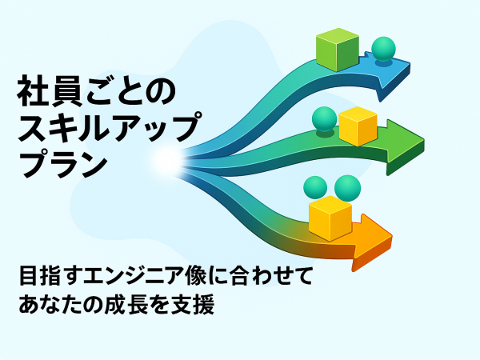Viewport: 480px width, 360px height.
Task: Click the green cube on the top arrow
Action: tap(338, 50)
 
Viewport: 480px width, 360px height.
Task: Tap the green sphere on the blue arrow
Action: tap(383, 49)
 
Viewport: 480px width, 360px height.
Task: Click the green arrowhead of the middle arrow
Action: tap(405, 147)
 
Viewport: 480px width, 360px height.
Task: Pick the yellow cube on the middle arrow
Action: tap(358, 126)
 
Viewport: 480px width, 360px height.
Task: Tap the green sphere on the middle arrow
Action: tap(324, 119)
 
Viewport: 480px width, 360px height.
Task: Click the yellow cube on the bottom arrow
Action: tap(330, 218)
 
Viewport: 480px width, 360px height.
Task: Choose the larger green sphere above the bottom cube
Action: tap(347, 188)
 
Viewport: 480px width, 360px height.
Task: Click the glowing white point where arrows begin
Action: tap(168, 161)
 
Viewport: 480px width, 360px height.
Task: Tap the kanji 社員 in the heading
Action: tap(50, 91)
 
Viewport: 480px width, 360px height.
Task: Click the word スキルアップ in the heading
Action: tap(110, 126)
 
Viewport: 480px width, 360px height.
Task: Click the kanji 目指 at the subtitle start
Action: tap(39, 276)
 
